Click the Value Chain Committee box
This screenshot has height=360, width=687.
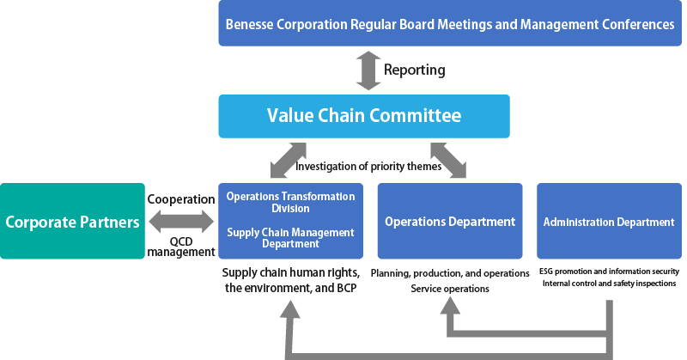click(x=364, y=116)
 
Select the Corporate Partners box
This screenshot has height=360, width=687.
click(x=72, y=221)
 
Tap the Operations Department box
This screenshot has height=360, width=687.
click(x=450, y=221)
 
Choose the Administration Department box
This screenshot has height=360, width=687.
click(x=609, y=221)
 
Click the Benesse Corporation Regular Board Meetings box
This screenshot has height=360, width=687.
click(x=450, y=23)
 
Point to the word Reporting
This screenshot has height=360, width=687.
click(x=415, y=70)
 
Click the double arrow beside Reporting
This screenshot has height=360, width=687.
click(x=368, y=70)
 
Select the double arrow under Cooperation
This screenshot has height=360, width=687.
click(x=181, y=222)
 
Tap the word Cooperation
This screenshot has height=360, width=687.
click(x=181, y=199)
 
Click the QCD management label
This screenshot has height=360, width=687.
click(x=181, y=247)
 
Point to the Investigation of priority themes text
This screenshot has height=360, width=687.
click(x=368, y=167)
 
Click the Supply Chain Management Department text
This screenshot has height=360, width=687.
click(x=290, y=238)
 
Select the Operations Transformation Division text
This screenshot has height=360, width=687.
click(x=290, y=202)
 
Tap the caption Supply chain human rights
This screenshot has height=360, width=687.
click(x=291, y=272)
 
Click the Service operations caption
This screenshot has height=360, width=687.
click(x=450, y=289)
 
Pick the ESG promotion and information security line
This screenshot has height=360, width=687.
click(x=609, y=272)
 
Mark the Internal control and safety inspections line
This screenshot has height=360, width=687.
click(x=609, y=284)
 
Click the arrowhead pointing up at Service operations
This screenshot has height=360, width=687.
click(x=450, y=305)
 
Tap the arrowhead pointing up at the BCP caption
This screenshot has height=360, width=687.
click(x=289, y=308)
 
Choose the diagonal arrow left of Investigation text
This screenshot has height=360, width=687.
click(x=288, y=160)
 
